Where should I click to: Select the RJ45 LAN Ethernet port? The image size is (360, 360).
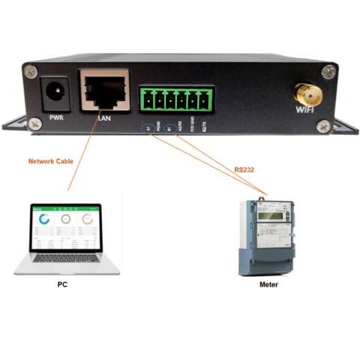[x=103, y=91]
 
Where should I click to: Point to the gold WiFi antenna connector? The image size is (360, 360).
[x=304, y=95]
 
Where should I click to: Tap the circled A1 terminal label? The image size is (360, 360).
[x=148, y=128]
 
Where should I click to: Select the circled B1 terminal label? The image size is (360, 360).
[x=169, y=128]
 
